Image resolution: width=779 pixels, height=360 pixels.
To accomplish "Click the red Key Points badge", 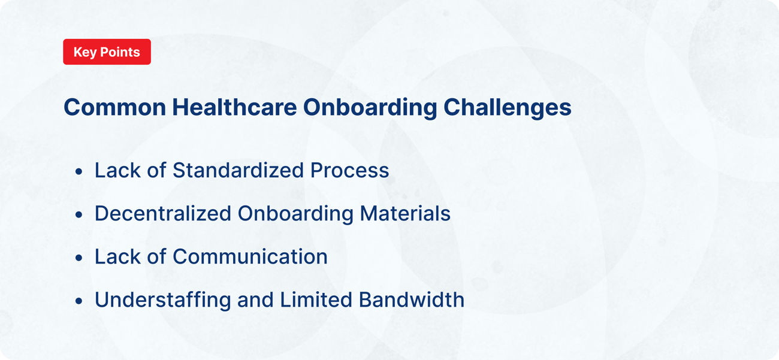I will click(107, 52).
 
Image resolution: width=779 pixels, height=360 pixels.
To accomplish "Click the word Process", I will click(349, 171).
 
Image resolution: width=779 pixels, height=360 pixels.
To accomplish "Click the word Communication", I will click(250, 257).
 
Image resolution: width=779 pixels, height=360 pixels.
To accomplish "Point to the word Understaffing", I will click(162, 300).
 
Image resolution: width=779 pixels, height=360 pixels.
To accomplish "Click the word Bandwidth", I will click(412, 300).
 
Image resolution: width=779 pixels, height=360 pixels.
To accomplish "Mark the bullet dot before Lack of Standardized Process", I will click(79, 172).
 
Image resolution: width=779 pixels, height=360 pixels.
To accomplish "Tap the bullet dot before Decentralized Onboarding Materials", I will click(79, 215).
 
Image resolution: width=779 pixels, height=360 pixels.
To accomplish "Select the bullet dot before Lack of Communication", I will click(79, 258).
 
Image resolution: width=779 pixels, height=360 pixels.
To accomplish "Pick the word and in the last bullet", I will click(254, 300).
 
